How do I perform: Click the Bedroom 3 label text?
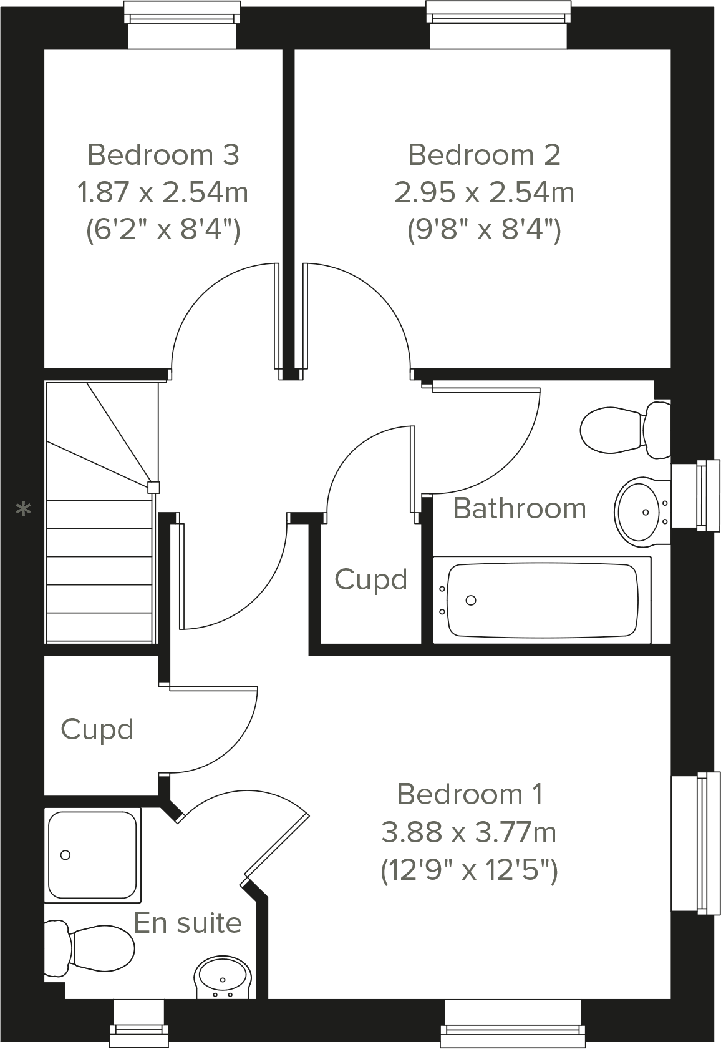[x=163, y=155]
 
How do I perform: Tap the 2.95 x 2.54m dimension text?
[x=484, y=192]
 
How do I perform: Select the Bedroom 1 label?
[x=469, y=794]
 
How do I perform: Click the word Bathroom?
[x=519, y=508]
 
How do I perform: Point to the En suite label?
[x=188, y=923]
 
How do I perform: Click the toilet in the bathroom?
[x=624, y=430]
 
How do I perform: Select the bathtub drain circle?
[x=471, y=600]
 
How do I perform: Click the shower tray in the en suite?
[x=92, y=855]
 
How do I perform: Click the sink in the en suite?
[x=223, y=980]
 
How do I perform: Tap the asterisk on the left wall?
[x=23, y=510]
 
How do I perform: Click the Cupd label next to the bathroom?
[x=370, y=579]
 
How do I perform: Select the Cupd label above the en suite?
[x=97, y=729]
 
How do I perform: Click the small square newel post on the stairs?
[x=153, y=487]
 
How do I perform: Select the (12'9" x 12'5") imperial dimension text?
[x=469, y=870]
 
